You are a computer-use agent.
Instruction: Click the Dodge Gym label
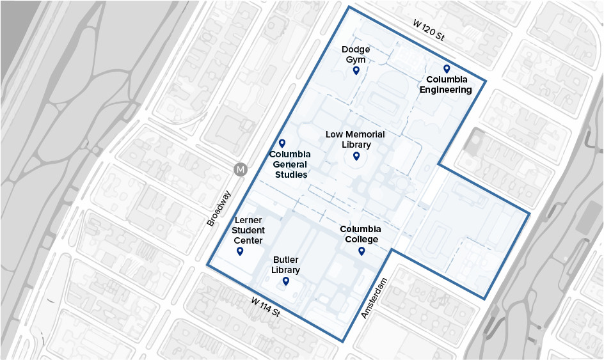356,54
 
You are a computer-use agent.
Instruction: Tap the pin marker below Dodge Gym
356,70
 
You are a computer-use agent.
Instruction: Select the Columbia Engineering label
446,84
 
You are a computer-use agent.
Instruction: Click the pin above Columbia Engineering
447,68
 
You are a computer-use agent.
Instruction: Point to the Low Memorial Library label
355,139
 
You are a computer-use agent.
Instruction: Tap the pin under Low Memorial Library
356,156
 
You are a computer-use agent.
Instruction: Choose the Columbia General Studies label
290,164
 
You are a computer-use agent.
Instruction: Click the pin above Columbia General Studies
282,143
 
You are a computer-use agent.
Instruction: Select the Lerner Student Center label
248,230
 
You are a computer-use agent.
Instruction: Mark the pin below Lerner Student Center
240,251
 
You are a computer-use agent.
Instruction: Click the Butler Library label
285,265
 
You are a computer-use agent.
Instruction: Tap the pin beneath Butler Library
286,281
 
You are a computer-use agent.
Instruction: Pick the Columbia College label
360,234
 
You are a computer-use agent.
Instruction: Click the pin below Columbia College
362,251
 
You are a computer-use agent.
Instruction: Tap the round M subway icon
241,169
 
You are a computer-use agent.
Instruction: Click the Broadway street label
218,208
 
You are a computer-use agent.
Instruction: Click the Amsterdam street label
375,299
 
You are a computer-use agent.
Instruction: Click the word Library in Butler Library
285,270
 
